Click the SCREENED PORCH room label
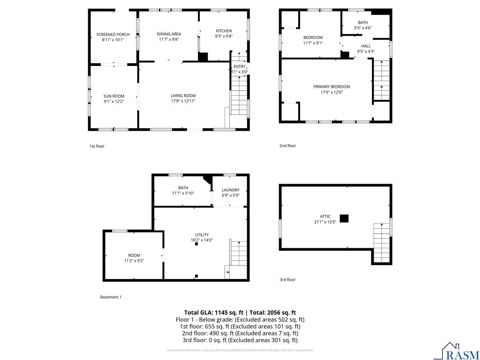[x=113, y=34]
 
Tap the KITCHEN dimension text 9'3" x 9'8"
[x=223, y=36]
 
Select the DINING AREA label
[x=169, y=34]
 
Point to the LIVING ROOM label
[x=183, y=96]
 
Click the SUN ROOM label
[x=114, y=96]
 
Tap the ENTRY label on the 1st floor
[x=239, y=66]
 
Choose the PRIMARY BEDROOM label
[x=331, y=87]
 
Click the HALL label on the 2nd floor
[x=366, y=46]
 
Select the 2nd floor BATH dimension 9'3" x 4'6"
[x=363, y=28]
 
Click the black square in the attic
[x=344, y=218]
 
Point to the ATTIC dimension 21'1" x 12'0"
[x=325, y=222]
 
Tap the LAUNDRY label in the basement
[x=230, y=190]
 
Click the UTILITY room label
[x=202, y=235]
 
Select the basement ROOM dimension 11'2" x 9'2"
[x=134, y=260]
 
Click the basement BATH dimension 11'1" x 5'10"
[x=183, y=193]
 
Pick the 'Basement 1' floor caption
[x=111, y=297]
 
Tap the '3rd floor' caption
[x=287, y=279]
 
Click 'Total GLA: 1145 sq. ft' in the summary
[x=213, y=312]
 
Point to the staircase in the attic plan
[x=381, y=243]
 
